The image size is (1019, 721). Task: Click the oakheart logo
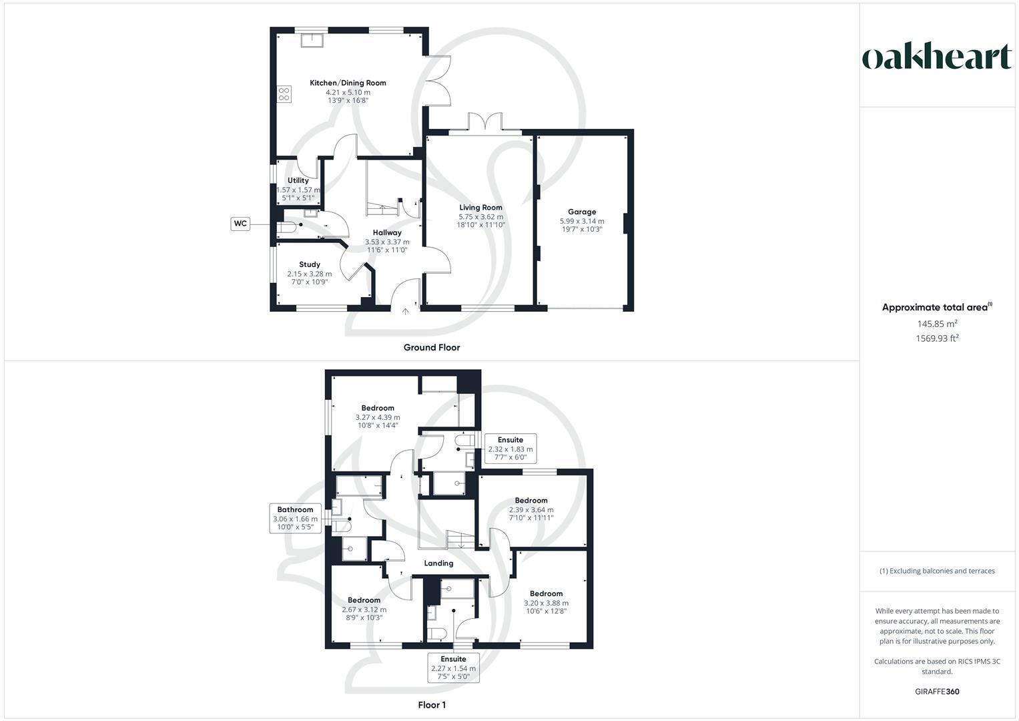click(937, 57)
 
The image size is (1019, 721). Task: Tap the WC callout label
click(240, 224)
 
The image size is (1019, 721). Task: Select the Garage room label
click(582, 212)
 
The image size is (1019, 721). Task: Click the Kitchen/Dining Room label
click(348, 83)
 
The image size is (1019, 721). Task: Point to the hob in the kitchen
click(284, 95)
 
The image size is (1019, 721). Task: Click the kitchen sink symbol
click(312, 40)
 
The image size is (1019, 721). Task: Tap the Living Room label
click(480, 208)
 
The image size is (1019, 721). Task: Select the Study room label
click(310, 264)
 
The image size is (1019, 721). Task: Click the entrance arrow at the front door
click(406, 311)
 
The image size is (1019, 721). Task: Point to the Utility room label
click(298, 180)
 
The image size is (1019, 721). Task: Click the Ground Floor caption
click(432, 347)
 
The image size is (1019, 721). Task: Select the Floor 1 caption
click(432, 704)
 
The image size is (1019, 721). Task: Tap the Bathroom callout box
click(295, 518)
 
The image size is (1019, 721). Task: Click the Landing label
click(438, 563)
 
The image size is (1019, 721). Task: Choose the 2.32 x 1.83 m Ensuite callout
click(511, 449)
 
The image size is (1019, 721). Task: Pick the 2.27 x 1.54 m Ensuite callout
click(454, 668)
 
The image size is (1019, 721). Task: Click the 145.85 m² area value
click(937, 324)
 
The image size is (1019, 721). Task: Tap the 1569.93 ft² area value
click(937, 338)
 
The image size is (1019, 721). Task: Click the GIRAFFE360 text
click(937, 692)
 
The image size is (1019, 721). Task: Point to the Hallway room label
click(387, 233)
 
